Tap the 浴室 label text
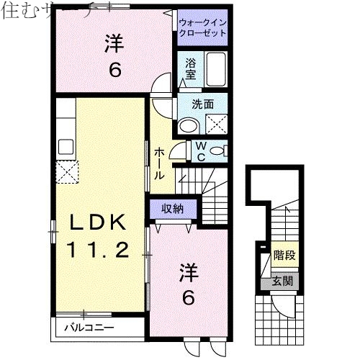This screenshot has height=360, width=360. pos(191,68)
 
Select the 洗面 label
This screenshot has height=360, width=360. pos(202,104)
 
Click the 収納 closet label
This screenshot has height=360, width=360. pos(171,209)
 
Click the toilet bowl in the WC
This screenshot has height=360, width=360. pos(220,150)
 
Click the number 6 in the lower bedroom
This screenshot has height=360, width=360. pos(188,297)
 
